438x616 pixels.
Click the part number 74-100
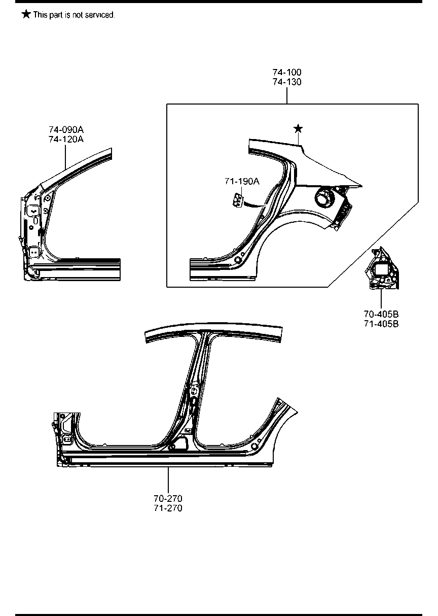tap(286, 73)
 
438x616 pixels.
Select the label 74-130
tap(286, 82)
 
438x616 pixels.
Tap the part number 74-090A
tap(66, 130)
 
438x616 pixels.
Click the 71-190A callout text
tap(242, 181)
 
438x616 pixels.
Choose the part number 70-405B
tap(381, 315)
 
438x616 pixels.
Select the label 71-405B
tap(381, 324)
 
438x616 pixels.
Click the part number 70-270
tap(168, 499)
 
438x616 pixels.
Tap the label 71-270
tap(168, 508)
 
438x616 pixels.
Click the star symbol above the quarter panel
tap(298, 128)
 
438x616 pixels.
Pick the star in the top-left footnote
tap(26, 14)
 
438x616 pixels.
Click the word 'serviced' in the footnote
tap(101, 15)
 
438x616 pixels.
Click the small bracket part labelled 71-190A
tap(237, 200)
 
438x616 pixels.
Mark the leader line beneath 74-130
tap(287, 95)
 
